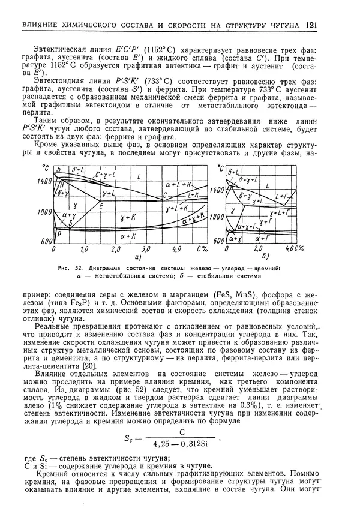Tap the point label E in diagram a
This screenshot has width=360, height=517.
pyautogui.click(x=101, y=205)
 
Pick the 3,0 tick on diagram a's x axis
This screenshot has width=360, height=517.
pyautogui.click(x=146, y=248)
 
